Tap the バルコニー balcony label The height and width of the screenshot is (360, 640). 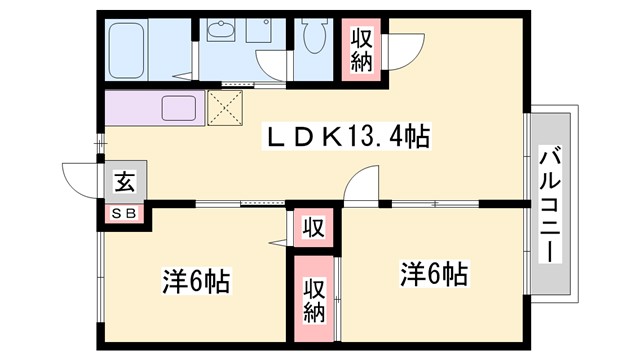[549, 204]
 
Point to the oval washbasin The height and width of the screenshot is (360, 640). [220, 31]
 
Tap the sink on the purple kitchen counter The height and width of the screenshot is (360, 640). [176, 106]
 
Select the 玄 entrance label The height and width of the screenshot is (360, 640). [124, 182]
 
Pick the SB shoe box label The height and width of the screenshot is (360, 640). [124, 212]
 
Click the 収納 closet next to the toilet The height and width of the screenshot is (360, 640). [362, 50]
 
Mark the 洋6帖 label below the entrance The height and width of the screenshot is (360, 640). [196, 281]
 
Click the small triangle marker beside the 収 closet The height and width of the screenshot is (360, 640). [274, 242]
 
